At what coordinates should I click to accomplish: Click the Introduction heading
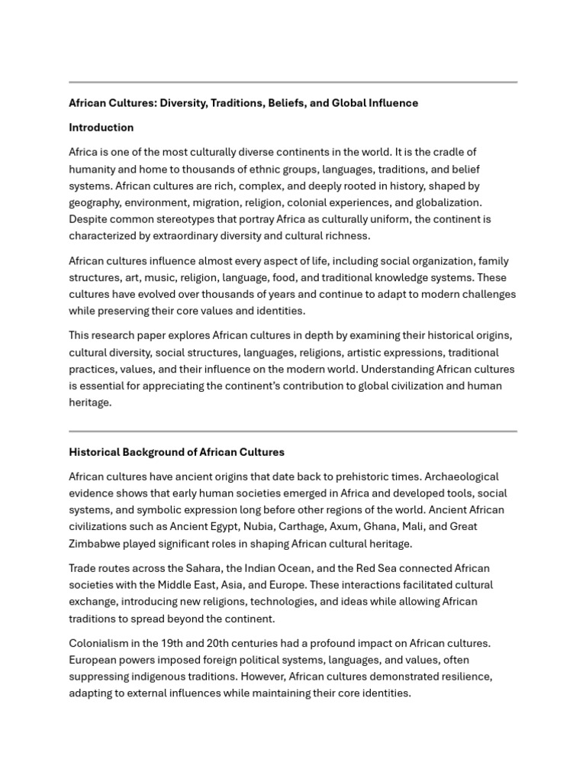pos(101,128)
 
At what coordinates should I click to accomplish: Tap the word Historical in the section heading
pos(95,452)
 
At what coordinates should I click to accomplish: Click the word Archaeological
pos(460,477)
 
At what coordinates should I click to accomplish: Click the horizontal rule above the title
pos(293,82)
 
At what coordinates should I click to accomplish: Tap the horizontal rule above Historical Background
pos(293,431)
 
